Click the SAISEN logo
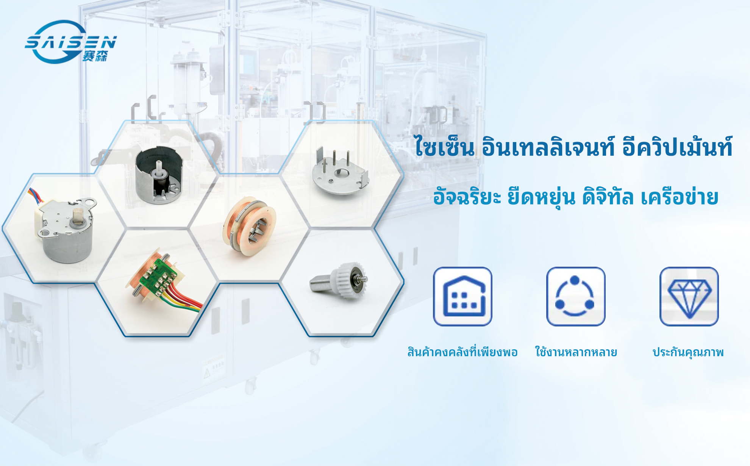(x=71, y=42)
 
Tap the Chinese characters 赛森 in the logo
(x=95, y=56)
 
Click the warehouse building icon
(x=462, y=296)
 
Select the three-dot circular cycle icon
(x=575, y=296)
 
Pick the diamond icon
(x=689, y=296)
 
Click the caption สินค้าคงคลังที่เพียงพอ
(x=462, y=352)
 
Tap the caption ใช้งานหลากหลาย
(x=576, y=352)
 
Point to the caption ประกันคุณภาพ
(x=688, y=352)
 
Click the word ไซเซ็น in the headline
(x=444, y=146)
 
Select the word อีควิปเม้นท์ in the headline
(x=677, y=146)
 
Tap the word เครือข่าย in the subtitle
(x=680, y=197)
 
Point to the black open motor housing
(x=159, y=175)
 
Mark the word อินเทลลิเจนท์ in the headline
(x=548, y=146)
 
